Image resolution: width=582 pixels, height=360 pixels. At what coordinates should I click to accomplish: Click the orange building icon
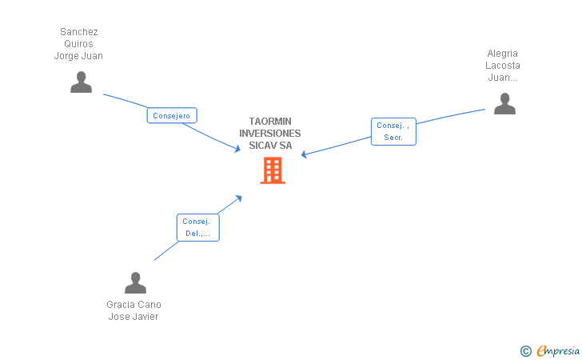click(x=273, y=170)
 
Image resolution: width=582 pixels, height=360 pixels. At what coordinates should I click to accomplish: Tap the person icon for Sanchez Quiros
click(x=81, y=82)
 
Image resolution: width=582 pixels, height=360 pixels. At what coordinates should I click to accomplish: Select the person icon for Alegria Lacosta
click(x=504, y=104)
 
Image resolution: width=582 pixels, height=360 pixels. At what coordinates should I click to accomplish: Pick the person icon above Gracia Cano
click(x=135, y=283)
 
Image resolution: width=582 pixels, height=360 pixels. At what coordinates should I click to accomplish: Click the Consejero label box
click(x=172, y=116)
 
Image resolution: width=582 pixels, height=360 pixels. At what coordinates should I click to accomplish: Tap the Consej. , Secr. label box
click(x=393, y=131)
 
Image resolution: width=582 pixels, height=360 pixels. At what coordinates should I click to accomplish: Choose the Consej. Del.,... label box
click(x=197, y=227)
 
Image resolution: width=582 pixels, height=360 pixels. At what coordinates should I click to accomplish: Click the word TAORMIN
click(x=270, y=122)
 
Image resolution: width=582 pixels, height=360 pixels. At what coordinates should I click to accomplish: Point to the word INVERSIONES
click(x=270, y=134)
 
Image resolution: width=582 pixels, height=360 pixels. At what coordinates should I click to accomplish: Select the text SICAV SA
click(x=270, y=146)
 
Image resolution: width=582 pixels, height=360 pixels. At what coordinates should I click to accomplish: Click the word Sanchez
click(x=78, y=32)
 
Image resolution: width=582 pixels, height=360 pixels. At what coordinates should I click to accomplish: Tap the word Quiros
click(x=78, y=44)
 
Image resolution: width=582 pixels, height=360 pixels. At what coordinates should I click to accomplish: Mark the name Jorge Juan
click(x=78, y=56)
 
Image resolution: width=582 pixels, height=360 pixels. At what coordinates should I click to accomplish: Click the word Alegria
click(x=503, y=54)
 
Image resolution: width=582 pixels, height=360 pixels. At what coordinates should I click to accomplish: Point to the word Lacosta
click(x=503, y=66)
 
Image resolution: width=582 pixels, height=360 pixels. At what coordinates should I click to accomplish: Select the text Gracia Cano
click(x=134, y=305)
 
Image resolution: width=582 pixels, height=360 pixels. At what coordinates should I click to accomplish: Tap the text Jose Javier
click(x=134, y=317)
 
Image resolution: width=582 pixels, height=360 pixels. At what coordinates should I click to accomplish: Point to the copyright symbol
click(x=525, y=350)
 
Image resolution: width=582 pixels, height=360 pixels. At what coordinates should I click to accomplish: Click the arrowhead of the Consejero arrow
click(x=237, y=149)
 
